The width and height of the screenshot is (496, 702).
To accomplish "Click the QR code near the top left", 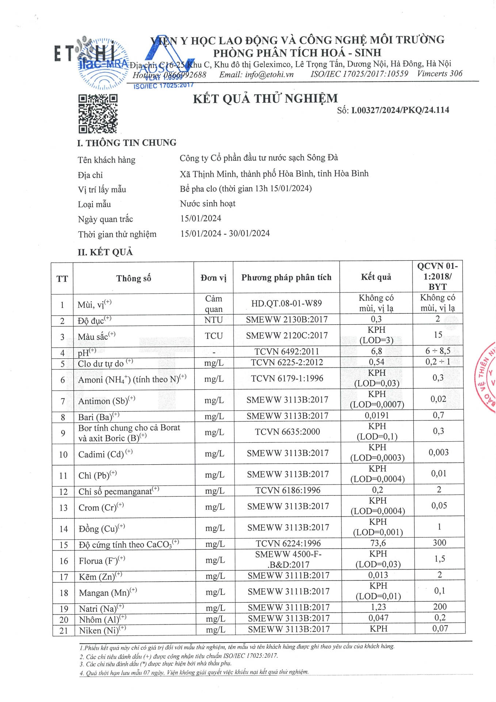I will coord(98,113).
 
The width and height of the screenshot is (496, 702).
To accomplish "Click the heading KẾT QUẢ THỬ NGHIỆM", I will coord(265,99).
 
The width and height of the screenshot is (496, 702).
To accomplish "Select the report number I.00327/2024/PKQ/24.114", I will coord(400,110).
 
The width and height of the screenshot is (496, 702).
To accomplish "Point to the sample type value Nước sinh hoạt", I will coord(207,204).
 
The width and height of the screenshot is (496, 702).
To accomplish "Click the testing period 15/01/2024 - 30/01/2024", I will coord(225,233).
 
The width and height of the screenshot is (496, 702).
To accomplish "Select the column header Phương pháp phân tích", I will coord(286,278).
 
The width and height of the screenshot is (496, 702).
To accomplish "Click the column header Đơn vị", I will coord(213,278).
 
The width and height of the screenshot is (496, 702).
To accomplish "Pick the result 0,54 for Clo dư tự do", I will coord(376,362).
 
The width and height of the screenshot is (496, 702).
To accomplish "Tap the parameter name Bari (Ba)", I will coord(96,417).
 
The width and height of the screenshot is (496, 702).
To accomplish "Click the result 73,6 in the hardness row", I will coord(378,543).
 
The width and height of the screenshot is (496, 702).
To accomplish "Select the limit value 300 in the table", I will coord(439,543).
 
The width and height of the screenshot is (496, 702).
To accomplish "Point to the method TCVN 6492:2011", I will coord(287,351).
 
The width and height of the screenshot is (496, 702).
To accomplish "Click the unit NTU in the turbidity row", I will coord(213,320).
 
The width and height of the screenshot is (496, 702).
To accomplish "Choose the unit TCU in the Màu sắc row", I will coord(214,336).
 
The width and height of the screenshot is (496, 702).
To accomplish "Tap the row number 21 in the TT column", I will coord(64,631).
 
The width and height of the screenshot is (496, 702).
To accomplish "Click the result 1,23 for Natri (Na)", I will coord(378,607).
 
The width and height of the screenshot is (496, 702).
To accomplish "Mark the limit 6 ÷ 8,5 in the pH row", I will coord(438,351).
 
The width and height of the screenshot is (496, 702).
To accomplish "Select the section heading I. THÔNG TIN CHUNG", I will coord(127,143).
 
